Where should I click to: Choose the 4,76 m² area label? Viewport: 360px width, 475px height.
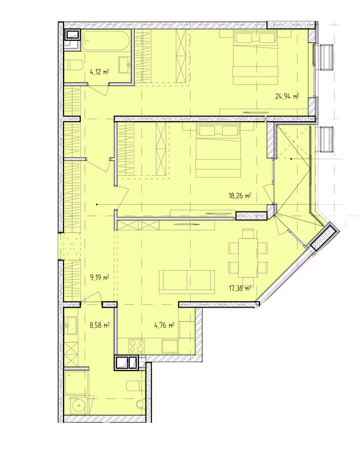tap(163, 325)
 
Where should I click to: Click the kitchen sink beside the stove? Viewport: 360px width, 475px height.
tap(168, 346)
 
